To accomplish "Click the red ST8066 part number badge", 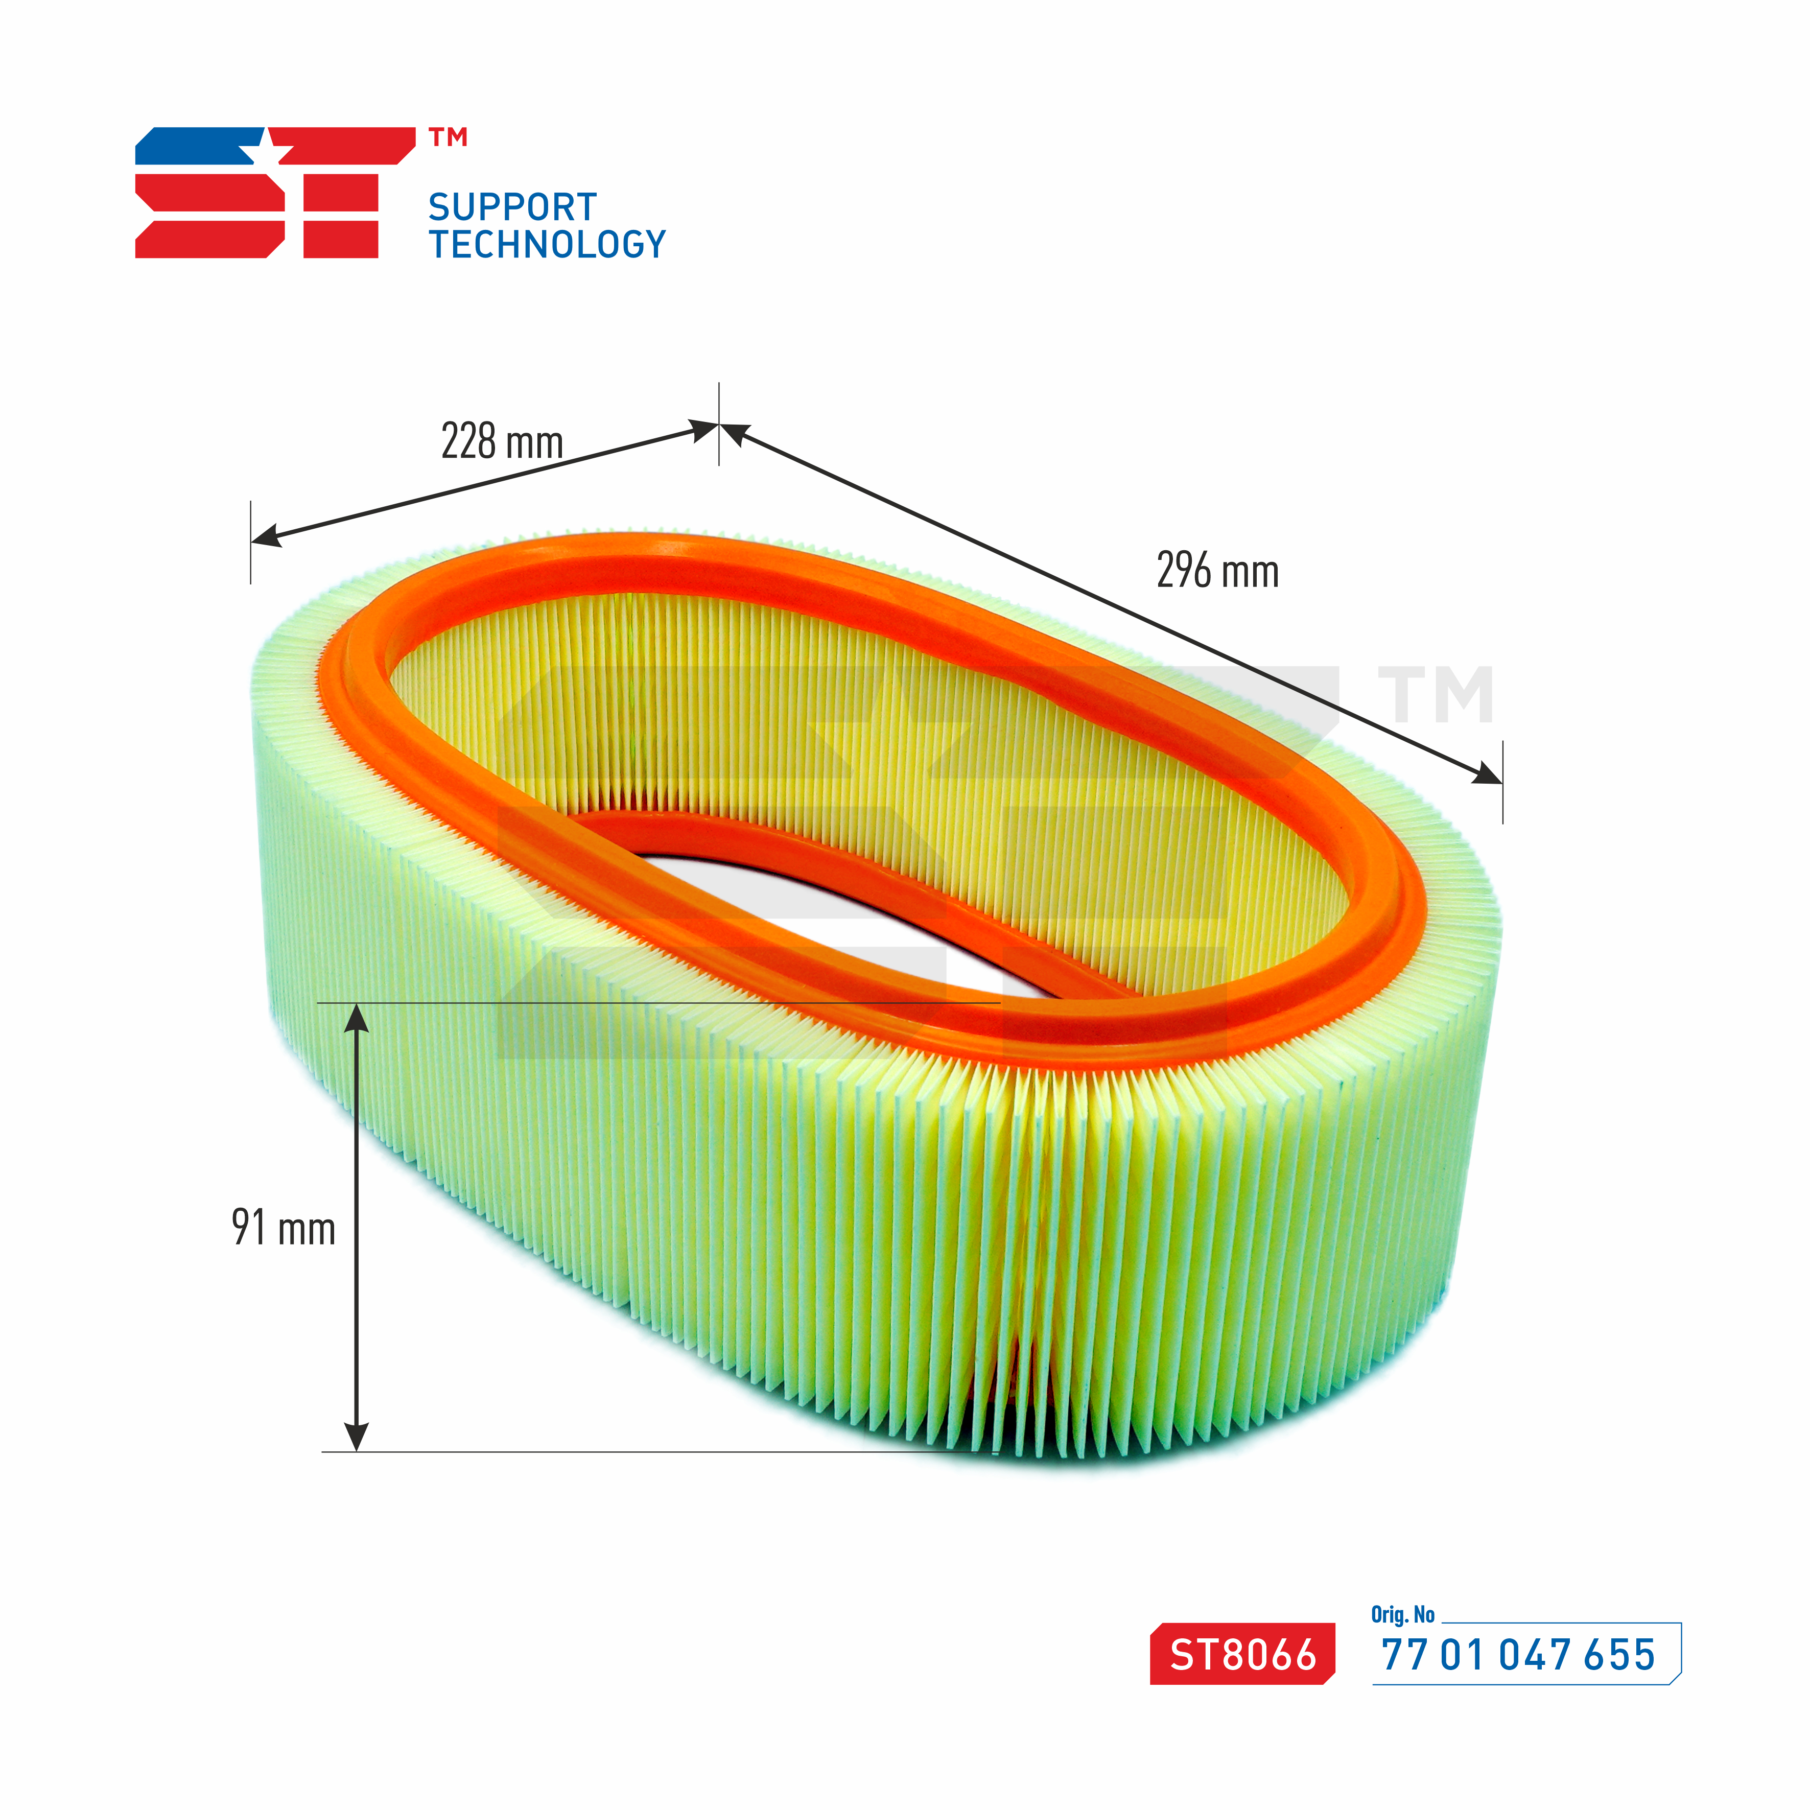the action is click(x=1242, y=1654).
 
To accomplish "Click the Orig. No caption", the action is click(x=1402, y=1614).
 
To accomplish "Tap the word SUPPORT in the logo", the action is click(x=512, y=207).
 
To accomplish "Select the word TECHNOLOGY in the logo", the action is click(x=547, y=245).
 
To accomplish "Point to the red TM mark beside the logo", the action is click(x=448, y=138).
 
